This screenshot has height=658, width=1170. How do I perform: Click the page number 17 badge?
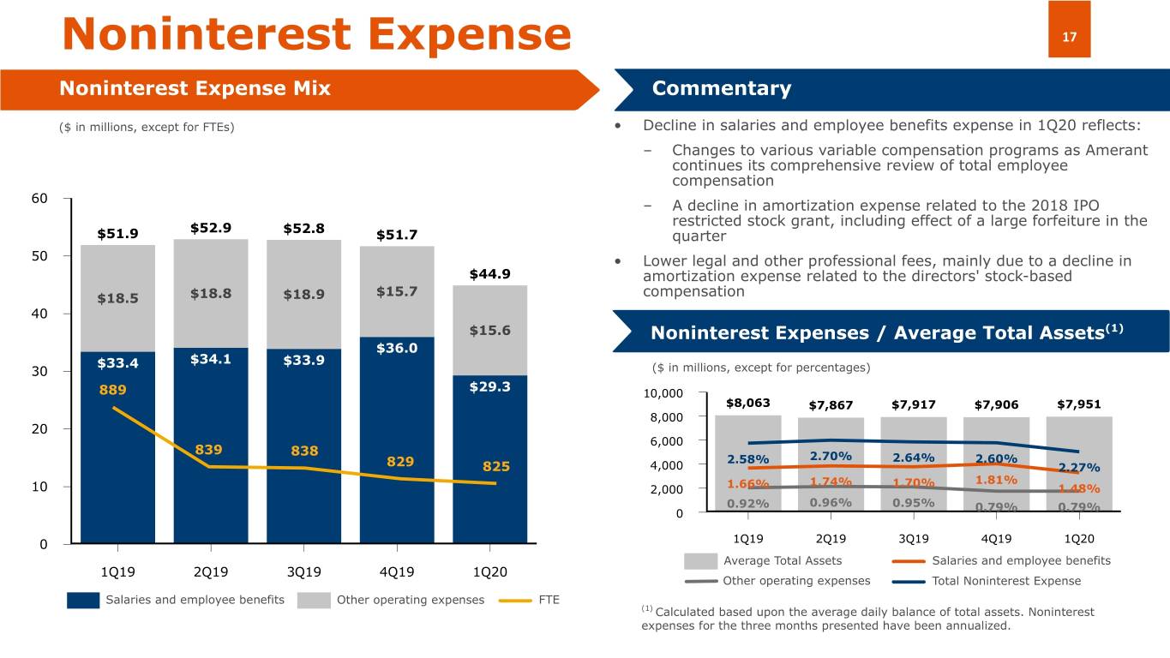(x=1069, y=36)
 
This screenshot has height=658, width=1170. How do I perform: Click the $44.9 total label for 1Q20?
(x=489, y=274)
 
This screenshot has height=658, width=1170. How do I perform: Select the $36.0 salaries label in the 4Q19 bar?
(x=397, y=348)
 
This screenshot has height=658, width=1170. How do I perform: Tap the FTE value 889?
(x=112, y=390)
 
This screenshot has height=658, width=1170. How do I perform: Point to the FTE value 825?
(x=496, y=467)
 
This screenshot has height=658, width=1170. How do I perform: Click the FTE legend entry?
(x=549, y=600)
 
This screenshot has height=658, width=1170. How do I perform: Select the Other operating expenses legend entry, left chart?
(x=410, y=600)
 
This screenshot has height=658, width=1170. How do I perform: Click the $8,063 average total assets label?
(x=747, y=403)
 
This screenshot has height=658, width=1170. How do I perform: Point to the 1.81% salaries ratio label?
(x=996, y=479)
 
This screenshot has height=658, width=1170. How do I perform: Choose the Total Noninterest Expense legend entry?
(x=1006, y=581)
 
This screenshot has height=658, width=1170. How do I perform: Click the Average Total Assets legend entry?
(x=783, y=561)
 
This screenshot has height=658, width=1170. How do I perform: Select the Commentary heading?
(x=721, y=89)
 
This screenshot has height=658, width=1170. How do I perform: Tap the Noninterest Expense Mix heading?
(x=195, y=89)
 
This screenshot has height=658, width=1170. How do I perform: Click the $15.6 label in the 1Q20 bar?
(x=489, y=331)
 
